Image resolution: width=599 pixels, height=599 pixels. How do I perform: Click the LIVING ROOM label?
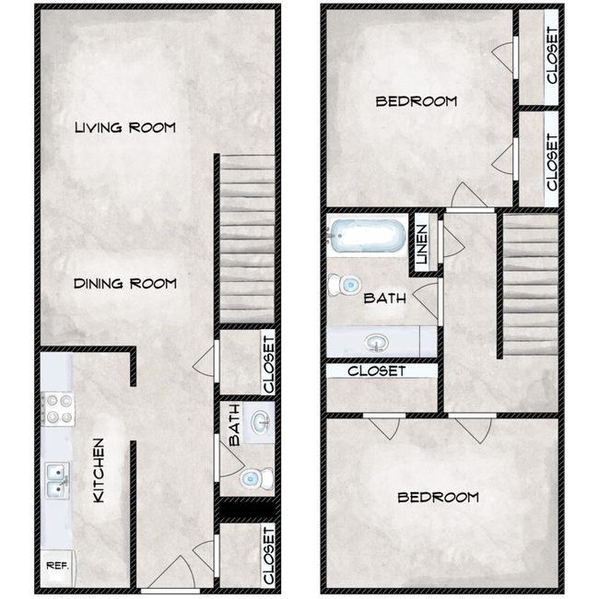124,127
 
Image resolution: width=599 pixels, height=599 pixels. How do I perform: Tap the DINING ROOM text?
124,284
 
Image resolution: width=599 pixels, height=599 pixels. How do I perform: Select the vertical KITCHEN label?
98,470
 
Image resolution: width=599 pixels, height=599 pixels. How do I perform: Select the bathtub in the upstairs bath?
367,238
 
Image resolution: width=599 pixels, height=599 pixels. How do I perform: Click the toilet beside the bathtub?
347,285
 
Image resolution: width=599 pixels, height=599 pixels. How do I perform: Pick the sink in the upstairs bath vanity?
375,343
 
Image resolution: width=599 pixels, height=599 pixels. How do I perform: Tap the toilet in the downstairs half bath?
252,477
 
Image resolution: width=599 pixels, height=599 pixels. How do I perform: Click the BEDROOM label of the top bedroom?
416,101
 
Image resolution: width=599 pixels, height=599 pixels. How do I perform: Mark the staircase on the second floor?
530,284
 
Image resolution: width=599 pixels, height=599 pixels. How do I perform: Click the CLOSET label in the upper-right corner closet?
551,55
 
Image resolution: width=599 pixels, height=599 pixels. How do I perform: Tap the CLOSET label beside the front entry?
268,555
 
